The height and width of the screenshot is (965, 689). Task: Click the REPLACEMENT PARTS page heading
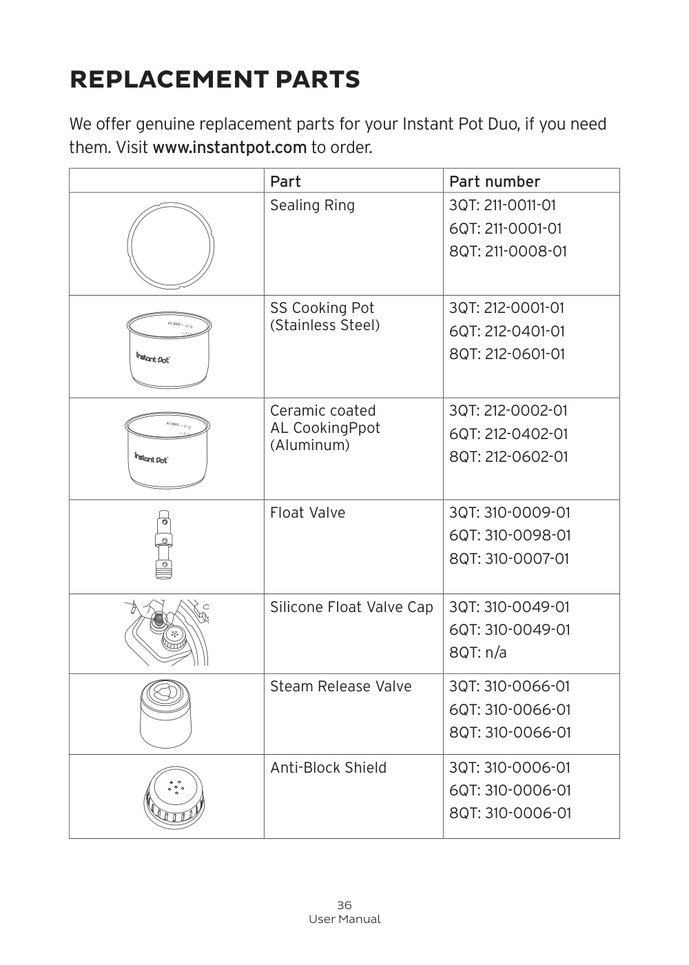[214, 80]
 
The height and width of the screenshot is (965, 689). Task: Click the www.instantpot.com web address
[229, 148]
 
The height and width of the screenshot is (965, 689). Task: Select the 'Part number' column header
[494, 181]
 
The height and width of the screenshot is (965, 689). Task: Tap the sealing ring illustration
[170, 243]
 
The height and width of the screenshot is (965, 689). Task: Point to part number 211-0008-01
[526, 252]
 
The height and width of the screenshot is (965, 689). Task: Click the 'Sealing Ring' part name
[312, 205]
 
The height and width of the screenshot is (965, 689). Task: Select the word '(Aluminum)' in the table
[309, 445]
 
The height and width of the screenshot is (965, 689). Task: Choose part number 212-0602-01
[526, 457]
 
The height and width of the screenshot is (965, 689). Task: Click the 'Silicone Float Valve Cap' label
[351, 607]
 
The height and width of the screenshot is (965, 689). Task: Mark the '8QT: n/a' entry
[477, 653]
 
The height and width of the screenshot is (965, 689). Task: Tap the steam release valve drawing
[165, 713]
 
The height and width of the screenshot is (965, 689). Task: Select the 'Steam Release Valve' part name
[340, 687]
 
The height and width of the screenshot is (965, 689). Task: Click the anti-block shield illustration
[176, 797]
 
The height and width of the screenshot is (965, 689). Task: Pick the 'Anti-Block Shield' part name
[328, 768]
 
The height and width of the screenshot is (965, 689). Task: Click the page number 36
[344, 905]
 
